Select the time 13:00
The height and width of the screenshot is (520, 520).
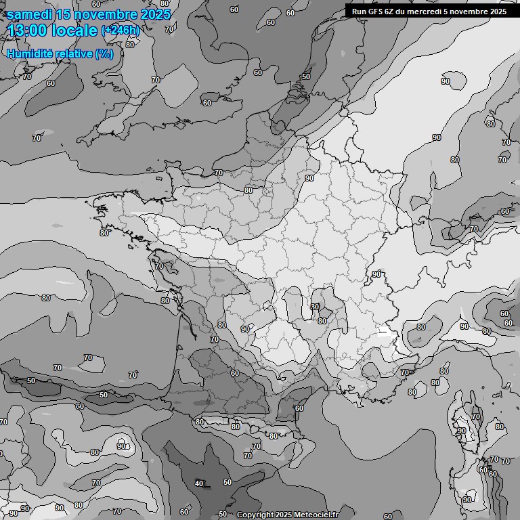point(28,30)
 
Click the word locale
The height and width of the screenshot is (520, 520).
point(74,30)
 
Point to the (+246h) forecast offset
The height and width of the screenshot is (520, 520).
point(121,30)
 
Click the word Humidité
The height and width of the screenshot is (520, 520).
point(30,53)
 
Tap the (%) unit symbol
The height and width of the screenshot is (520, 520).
point(104,53)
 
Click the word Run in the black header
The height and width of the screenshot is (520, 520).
point(360,11)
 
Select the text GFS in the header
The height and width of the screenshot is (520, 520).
point(376,11)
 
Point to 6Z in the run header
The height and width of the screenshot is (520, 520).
point(393,11)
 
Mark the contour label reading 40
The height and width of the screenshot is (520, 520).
point(199,483)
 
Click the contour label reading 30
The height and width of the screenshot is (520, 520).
point(315,307)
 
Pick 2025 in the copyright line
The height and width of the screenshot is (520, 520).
point(284,515)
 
